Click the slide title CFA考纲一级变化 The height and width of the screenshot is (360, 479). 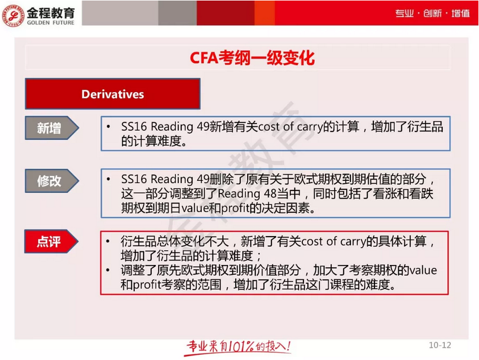252,58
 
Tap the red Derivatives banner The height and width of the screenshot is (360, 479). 113,94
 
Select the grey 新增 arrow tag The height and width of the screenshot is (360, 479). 50,128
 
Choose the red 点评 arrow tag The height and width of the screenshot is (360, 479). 50,242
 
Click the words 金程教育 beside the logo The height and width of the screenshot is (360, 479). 51,9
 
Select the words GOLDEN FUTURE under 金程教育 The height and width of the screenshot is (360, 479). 51,20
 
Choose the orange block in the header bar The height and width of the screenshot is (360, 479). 265,13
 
